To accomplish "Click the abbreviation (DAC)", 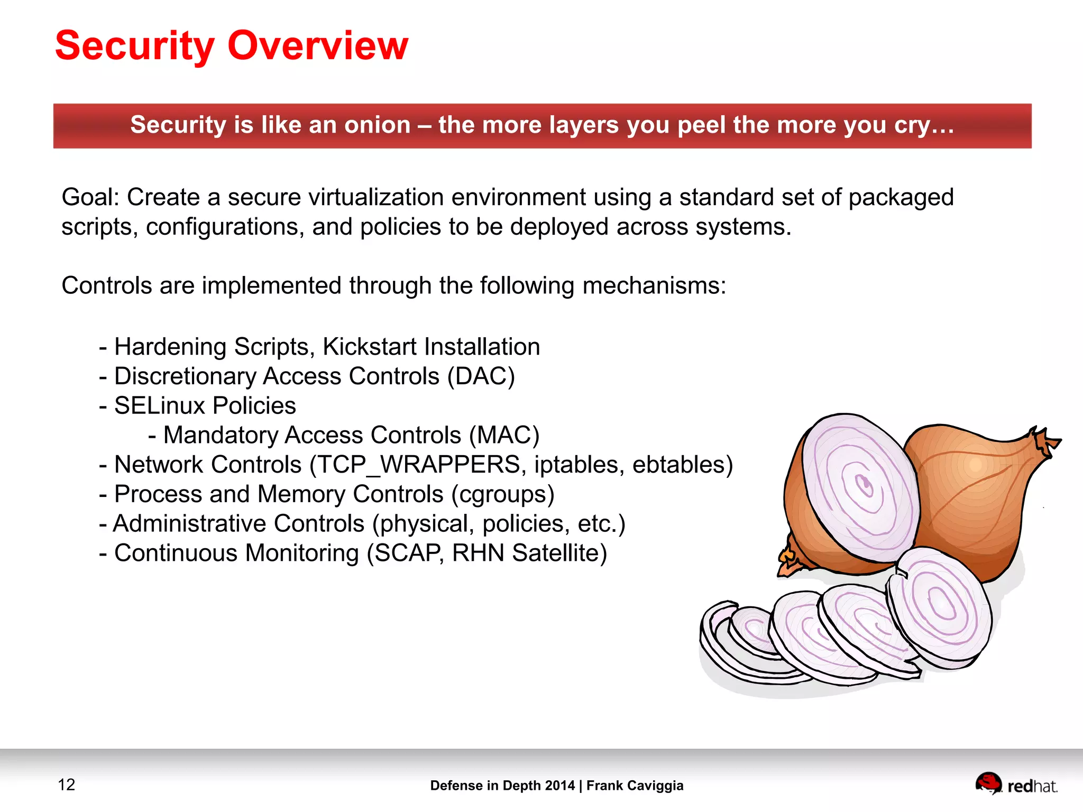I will click(x=481, y=376).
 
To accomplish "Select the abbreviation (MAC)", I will click(x=504, y=436).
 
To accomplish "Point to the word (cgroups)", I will click(x=502, y=494).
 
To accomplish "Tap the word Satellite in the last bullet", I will click(x=559, y=553).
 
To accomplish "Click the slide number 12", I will click(x=67, y=785).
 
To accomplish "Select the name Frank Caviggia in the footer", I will click(x=635, y=786).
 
